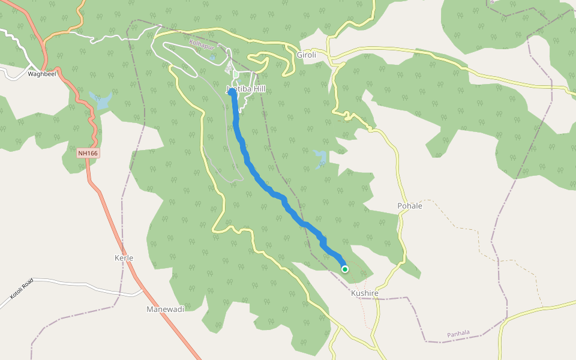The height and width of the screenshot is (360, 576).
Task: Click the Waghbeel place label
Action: pos(41,74)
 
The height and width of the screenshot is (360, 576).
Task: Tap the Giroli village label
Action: pos(306,55)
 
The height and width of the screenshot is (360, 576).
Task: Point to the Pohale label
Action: pos(410,206)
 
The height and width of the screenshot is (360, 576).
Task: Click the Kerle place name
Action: pos(124,258)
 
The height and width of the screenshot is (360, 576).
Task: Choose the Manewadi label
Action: pos(165,309)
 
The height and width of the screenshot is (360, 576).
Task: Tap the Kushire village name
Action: pos(365,293)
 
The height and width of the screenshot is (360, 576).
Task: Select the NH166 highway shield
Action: pos(88,153)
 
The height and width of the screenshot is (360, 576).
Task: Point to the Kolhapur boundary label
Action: pos(202,44)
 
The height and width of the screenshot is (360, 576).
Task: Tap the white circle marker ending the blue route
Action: pos(345,269)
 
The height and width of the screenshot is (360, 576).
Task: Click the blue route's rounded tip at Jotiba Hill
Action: pos(232,92)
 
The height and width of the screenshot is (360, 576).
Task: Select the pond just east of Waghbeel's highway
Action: pos(100,100)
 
